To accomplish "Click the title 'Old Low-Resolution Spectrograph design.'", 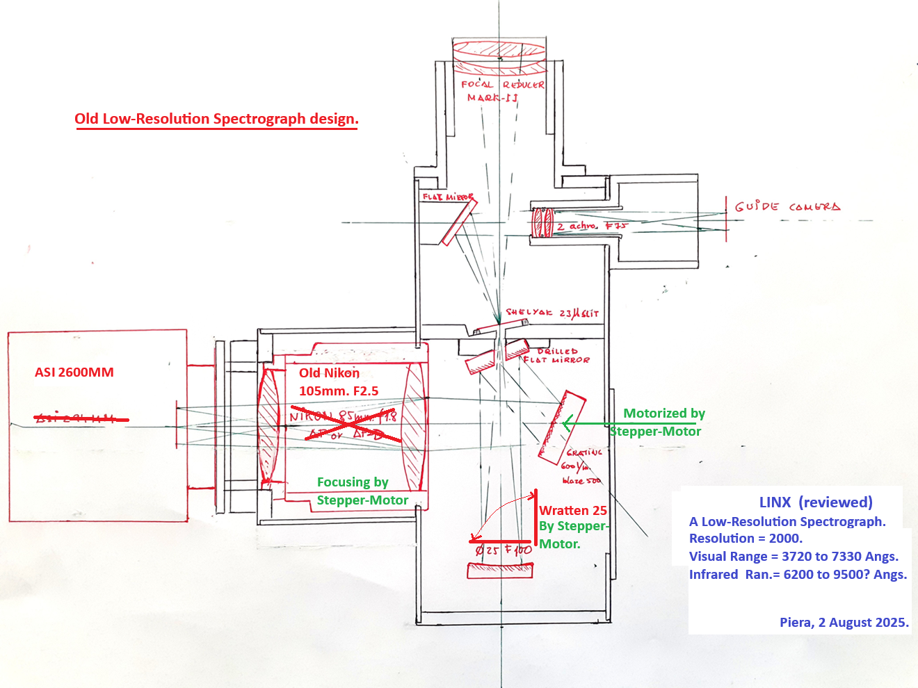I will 216,119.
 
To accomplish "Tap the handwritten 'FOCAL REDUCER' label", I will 502,85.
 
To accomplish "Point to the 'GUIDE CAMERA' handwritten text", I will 787,206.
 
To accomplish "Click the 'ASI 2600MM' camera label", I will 74,372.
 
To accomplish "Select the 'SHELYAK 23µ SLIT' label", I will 551,313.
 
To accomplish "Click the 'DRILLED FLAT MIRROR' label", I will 557,356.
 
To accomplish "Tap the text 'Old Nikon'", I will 329,373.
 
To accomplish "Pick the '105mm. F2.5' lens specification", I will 339,391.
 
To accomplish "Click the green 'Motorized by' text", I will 663,413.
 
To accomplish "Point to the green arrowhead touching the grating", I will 567,423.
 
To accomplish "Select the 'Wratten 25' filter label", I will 573,511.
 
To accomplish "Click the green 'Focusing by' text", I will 353,482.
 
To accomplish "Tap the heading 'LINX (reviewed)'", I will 815,502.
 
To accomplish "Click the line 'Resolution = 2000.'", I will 746,539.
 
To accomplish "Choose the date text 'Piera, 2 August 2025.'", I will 844,623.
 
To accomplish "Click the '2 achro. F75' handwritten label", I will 591,226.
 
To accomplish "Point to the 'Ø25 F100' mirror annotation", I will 504,550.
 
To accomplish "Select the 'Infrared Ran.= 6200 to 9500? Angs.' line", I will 798,575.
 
